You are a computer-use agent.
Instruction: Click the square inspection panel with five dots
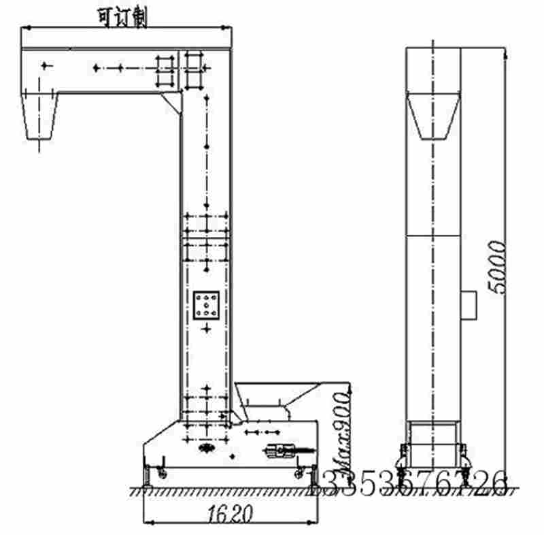click(205, 306)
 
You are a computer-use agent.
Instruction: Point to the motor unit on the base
click(282, 450)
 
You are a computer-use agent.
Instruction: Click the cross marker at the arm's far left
click(46, 65)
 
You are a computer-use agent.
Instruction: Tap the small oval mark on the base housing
click(206, 448)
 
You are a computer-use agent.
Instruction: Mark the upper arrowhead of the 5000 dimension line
click(505, 52)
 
